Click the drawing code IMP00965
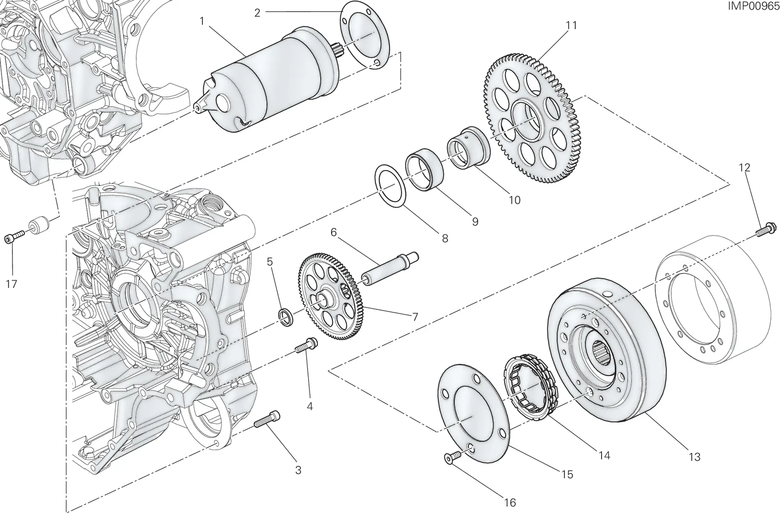click(x=753, y=6)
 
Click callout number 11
click(x=571, y=25)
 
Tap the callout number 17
click(x=12, y=284)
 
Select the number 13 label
click(x=694, y=457)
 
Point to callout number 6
click(x=333, y=232)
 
